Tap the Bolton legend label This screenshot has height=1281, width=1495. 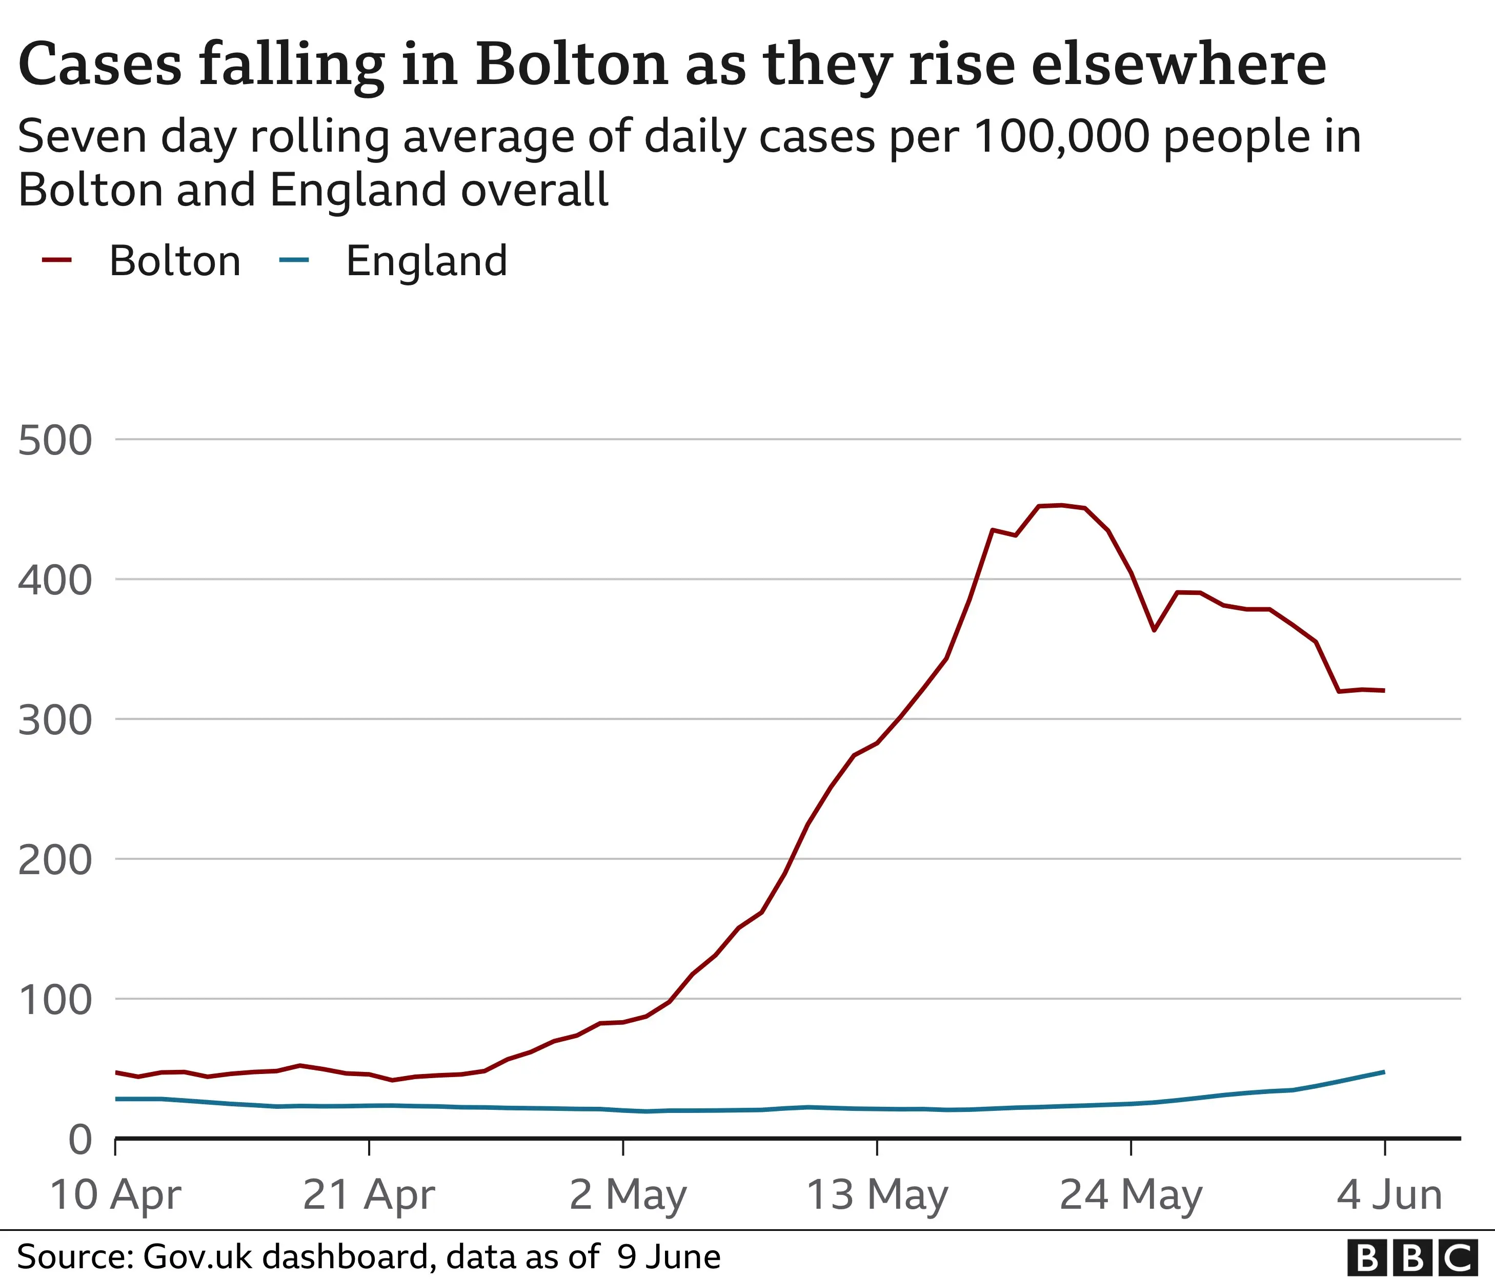point(175,261)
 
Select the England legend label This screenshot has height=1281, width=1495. point(427,261)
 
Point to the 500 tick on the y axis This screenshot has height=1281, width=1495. point(55,441)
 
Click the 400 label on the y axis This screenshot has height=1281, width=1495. point(55,581)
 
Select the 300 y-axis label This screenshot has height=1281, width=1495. point(55,720)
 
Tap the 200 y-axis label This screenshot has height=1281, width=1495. point(55,860)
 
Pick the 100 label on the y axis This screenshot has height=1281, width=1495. point(55,1000)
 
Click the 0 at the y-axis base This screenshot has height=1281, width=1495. point(80,1141)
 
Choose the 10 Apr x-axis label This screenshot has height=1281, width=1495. point(115,1195)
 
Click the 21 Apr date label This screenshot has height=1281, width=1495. point(369,1195)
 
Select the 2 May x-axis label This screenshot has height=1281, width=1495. point(627,1195)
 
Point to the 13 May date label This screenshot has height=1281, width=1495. point(877,1195)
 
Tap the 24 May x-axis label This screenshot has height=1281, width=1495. point(1130,1195)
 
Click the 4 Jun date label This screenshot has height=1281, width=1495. point(1389,1195)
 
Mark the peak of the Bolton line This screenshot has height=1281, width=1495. point(1061,505)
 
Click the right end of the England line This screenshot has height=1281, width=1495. point(1383,1072)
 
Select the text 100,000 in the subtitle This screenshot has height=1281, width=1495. point(1061,137)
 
